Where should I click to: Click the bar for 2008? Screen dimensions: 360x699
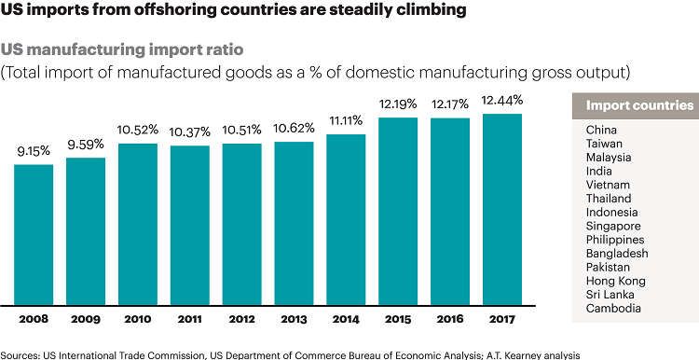34,234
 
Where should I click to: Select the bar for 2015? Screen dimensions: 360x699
398,211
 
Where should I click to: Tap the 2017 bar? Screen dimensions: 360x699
502,209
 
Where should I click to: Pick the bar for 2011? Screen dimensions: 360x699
190,225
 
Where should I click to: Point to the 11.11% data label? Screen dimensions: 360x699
346,122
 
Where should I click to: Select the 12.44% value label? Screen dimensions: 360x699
502,100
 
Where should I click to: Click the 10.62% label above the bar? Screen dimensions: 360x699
294,129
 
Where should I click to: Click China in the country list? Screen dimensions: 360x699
602,130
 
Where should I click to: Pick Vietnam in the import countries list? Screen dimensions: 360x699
608,185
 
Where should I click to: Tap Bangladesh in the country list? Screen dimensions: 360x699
617,253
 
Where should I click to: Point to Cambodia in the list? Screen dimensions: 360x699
614,308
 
